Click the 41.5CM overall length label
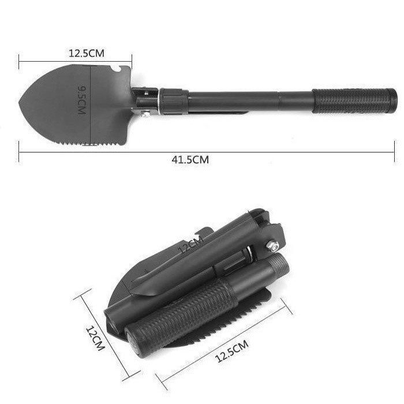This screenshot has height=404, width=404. (190, 160)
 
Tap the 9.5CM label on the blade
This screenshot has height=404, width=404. (82, 100)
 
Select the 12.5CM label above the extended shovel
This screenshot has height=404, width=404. (87, 53)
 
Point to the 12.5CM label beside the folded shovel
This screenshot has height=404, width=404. (231, 351)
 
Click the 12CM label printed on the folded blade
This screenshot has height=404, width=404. (191, 245)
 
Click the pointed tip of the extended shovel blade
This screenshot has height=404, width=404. (20, 103)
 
